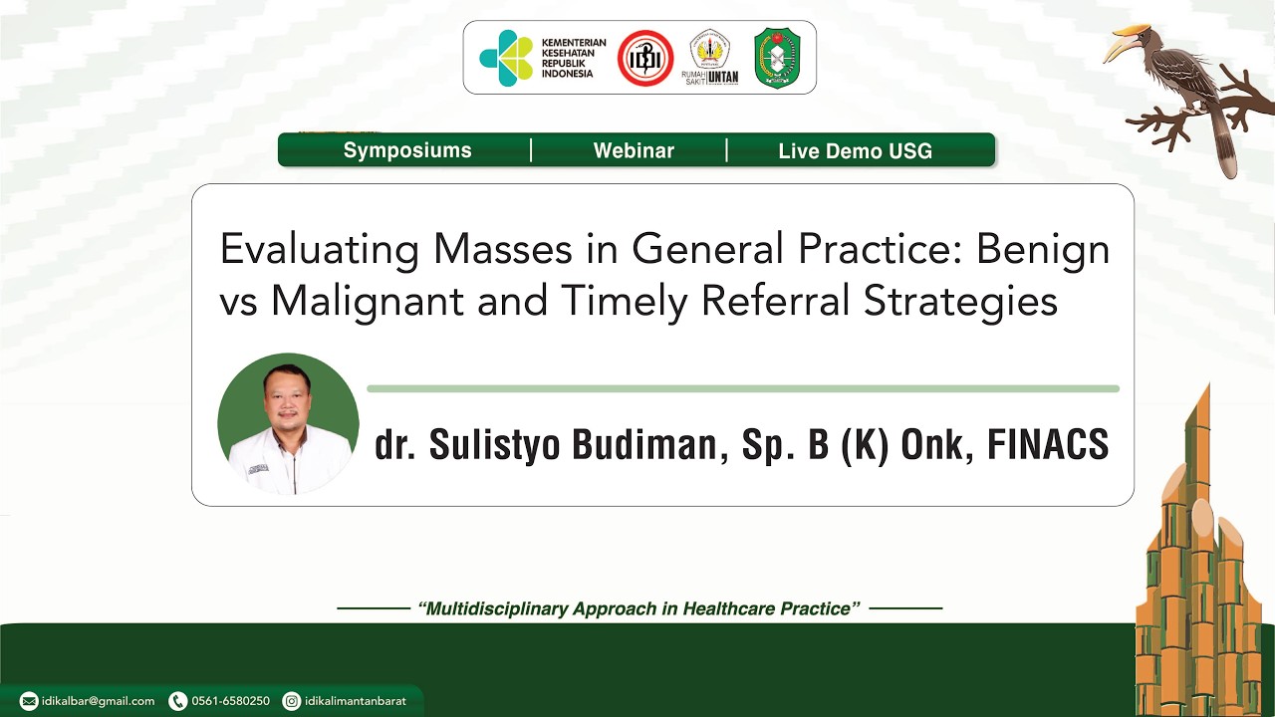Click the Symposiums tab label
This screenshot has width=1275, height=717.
coord(407,150)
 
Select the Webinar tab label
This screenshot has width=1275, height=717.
coord(634,150)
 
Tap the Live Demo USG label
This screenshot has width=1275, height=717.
coord(855,151)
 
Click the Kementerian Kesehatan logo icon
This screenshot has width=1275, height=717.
coord(506,58)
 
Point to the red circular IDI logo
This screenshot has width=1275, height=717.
coord(645,58)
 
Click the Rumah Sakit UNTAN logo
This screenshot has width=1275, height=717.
coord(709,58)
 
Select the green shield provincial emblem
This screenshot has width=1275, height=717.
coord(777,58)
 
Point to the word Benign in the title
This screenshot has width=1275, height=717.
coord(1042,249)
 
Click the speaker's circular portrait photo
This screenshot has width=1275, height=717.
coord(288,424)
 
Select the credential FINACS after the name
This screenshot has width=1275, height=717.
coord(1047,445)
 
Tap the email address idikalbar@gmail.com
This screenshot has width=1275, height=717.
coord(98,701)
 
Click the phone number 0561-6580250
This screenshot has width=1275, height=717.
coord(230,701)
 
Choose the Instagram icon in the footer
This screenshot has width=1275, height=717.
coord(292,701)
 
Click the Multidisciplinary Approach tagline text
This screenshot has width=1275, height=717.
coord(638,608)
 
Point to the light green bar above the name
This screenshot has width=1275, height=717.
coord(742,388)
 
